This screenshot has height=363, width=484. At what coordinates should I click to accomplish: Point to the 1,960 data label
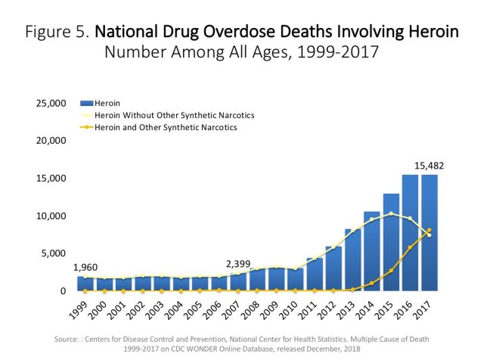pos(85,267)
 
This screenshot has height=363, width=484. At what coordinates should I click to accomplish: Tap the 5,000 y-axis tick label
pos(54,253)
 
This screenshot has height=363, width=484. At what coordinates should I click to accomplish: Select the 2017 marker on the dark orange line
pos(429,230)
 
